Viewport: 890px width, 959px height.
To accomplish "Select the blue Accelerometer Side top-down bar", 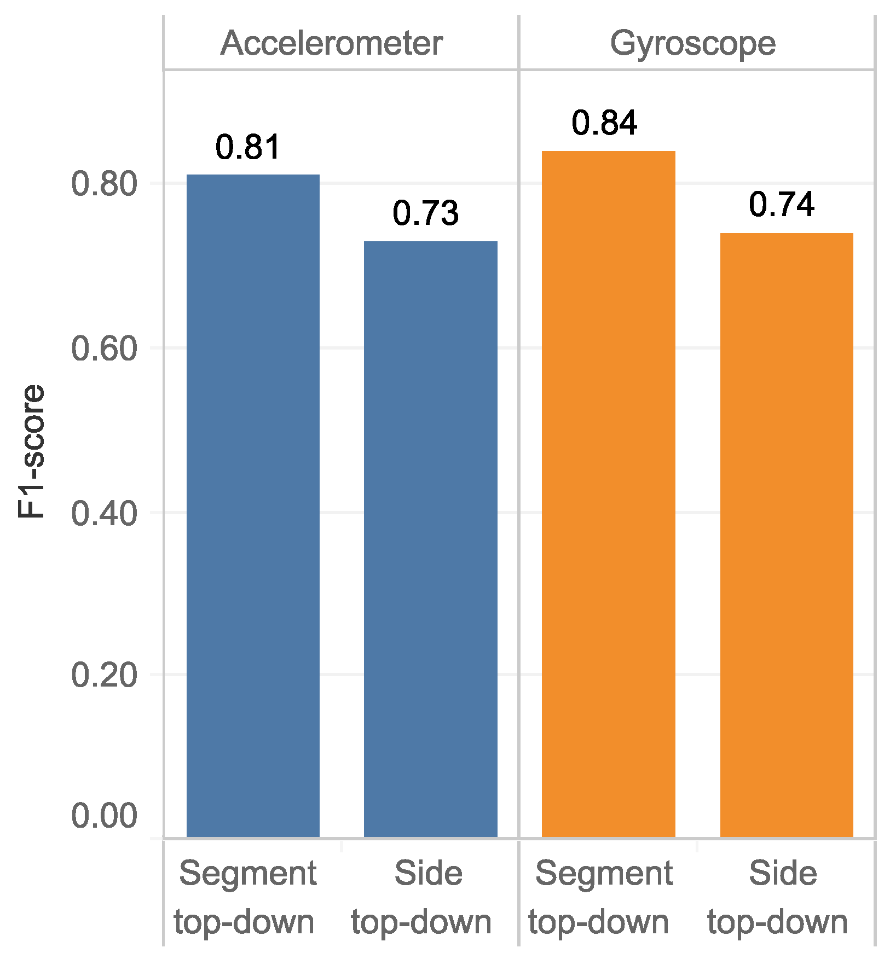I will pos(430,538).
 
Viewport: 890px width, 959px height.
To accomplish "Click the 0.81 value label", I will pos(248,147).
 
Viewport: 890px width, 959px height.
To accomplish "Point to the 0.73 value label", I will pos(425,213).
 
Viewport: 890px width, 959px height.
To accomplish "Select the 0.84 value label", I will pos(604,123).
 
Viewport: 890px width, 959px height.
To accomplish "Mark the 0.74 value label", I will pos(781,205).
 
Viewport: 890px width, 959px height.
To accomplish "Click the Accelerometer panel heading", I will pos(331,44).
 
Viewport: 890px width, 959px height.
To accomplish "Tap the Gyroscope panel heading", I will pos(692,44).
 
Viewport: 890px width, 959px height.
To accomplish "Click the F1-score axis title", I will pos(31,451).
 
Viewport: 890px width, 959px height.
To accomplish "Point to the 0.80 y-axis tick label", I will pos(104,184).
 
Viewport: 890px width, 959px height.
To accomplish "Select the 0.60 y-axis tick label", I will pos(104,349).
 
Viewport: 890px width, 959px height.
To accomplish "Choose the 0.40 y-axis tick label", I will pos(104,514).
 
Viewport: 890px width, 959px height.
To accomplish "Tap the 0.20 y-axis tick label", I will pos(104,675).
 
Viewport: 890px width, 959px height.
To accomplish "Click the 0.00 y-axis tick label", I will pos(104,816).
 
